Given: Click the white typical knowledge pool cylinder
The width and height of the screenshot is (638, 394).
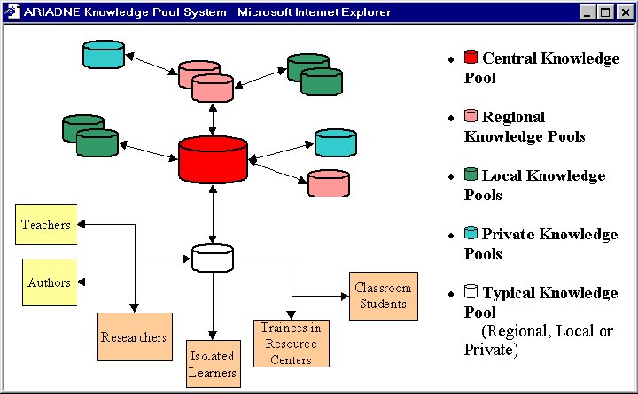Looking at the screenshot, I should click(x=213, y=258).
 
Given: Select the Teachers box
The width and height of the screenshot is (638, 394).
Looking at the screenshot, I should click(x=45, y=225).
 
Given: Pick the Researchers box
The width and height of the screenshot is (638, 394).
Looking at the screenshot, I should click(x=134, y=336).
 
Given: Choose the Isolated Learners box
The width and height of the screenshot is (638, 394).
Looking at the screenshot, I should click(x=213, y=363).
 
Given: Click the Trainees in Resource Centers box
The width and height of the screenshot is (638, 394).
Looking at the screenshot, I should click(x=291, y=342).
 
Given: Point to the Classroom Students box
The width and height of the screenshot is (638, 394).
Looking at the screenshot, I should click(x=383, y=296).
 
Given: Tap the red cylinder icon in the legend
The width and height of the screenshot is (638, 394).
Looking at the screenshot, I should click(x=471, y=58).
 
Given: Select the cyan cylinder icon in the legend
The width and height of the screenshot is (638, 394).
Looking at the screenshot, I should click(x=471, y=234).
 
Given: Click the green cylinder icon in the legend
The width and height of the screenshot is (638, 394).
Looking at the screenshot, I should click(x=471, y=175).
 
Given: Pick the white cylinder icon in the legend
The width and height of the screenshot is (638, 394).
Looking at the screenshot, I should click(x=471, y=292).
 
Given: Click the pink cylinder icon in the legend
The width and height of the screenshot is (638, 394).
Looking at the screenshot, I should click(x=471, y=116).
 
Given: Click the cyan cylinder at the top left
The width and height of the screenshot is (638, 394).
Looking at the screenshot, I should click(x=103, y=55).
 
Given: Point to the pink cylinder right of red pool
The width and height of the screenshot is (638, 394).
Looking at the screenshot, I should click(x=329, y=182).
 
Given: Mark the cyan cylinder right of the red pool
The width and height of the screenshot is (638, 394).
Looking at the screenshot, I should click(x=336, y=142).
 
